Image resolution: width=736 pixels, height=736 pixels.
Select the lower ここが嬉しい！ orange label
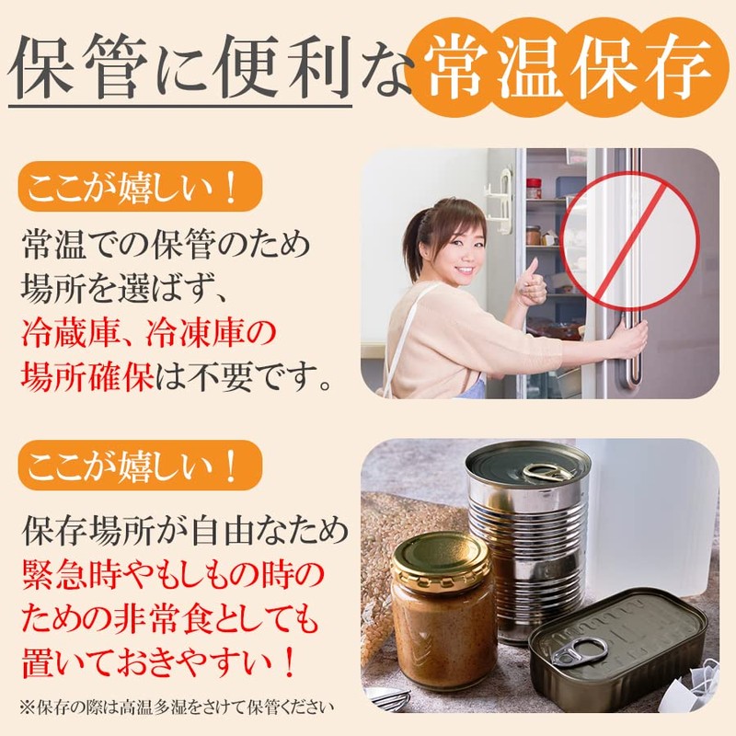pos(135,466)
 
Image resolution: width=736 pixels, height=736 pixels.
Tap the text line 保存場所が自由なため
pos(184,532)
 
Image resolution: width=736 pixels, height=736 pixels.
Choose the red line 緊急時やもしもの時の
pos(172,575)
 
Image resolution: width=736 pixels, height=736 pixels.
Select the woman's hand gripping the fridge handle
pos(629,341)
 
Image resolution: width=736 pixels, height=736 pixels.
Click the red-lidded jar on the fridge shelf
pos(534,188)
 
